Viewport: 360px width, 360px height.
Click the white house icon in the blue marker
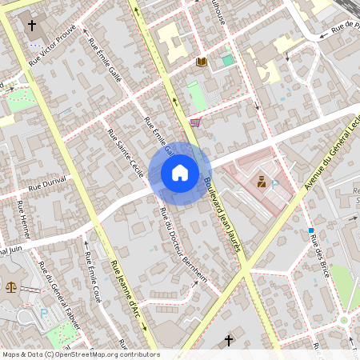(180, 173)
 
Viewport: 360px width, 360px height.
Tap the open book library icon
(202, 62)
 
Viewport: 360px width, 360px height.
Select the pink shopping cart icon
(195, 122)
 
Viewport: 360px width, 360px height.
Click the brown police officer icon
(262, 182)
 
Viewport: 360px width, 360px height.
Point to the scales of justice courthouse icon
(11, 286)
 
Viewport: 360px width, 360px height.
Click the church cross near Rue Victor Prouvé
(32, 26)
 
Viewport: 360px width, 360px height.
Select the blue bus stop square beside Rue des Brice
(311, 231)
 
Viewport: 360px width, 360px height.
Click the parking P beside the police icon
(275, 184)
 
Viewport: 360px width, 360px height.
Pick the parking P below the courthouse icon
(44, 313)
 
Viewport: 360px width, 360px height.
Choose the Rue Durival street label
(46, 184)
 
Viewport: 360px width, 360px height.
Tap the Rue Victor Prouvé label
(52, 44)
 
